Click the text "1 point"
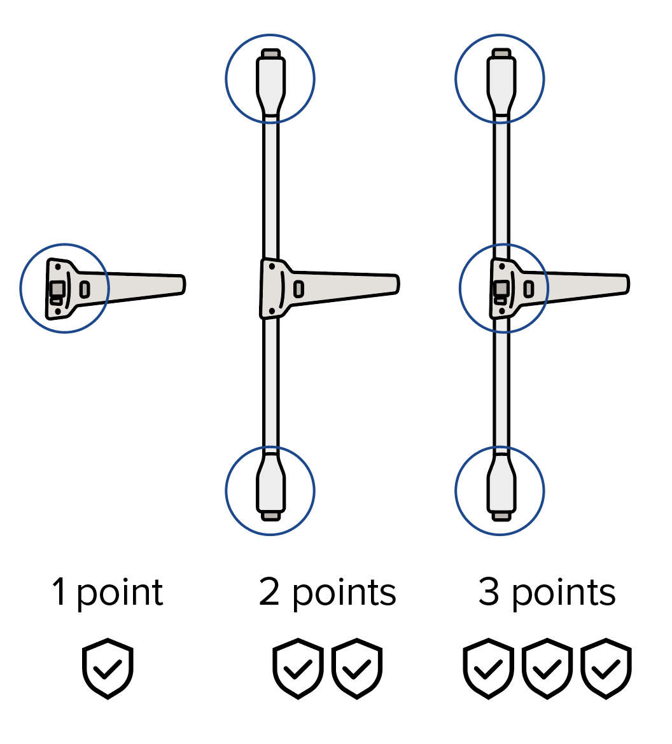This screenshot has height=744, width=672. pyautogui.click(x=108, y=593)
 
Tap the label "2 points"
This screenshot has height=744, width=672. pyautogui.click(x=328, y=593)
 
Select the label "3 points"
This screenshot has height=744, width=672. pyautogui.click(x=547, y=593)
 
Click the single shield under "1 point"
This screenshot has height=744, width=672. pyautogui.click(x=108, y=668)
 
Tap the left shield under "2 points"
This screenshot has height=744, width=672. pyautogui.click(x=298, y=668)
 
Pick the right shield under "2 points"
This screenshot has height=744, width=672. pyautogui.click(x=357, y=668)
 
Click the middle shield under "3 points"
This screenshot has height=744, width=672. pyautogui.click(x=547, y=668)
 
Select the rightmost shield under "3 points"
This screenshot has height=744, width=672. pyautogui.click(x=606, y=668)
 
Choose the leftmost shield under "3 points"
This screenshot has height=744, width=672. pyautogui.click(x=488, y=668)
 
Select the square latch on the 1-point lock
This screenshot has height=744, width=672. pyautogui.click(x=57, y=289)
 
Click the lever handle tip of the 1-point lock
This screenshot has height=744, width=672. pyautogui.click(x=181, y=284)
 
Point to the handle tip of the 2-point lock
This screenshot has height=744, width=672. pyautogui.click(x=395, y=284)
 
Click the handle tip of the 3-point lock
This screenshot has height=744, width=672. pyautogui.click(x=625, y=284)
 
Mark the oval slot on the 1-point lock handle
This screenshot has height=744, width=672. pyautogui.click(x=85, y=289)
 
